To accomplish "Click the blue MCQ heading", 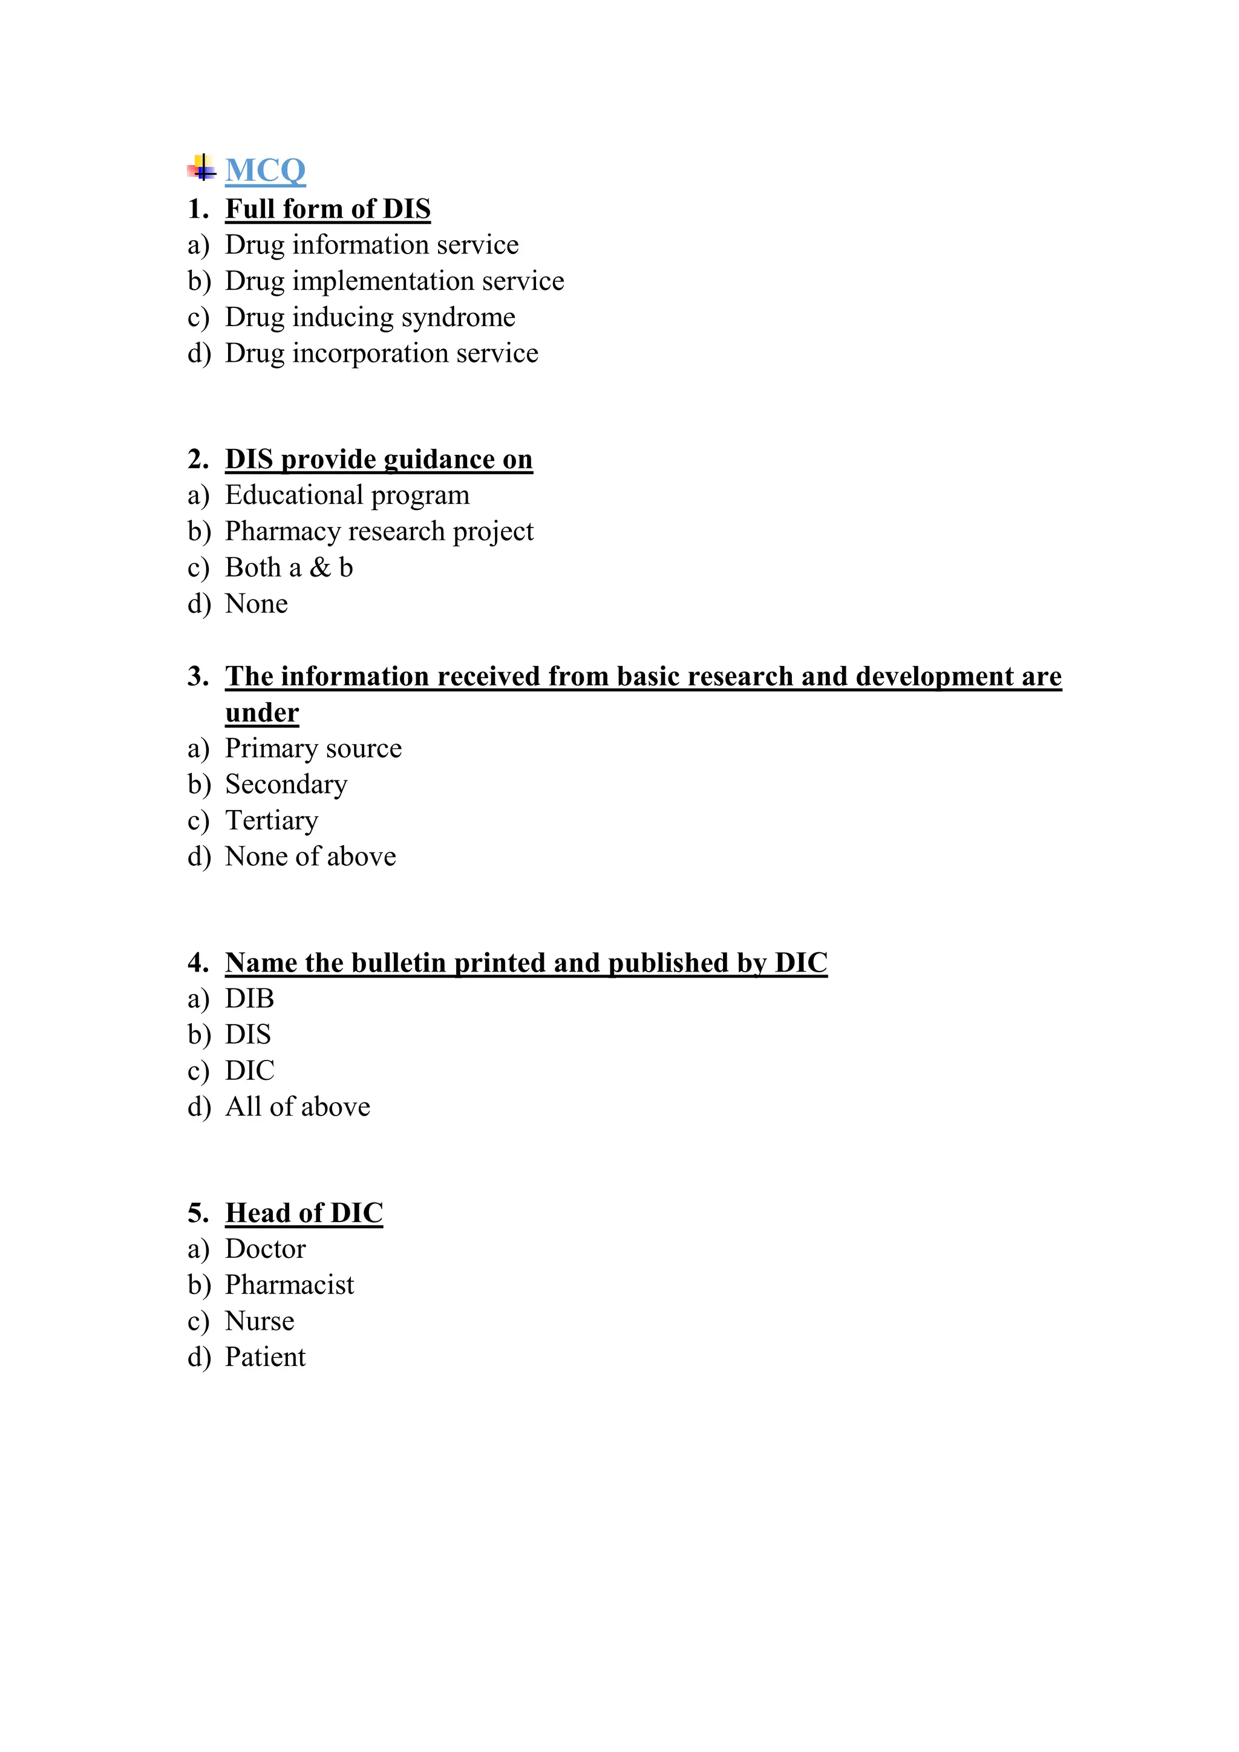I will tap(265, 170).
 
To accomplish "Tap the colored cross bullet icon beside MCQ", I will tap(201, 168).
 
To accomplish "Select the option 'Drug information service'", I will tap(371, 245).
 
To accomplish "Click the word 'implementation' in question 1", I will tap(383, 281).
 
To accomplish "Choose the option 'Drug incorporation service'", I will tap(382, 353).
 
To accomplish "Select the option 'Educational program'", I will tap(347, 495).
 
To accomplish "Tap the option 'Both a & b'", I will tap(289, 567).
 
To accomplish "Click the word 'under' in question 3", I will tap(262, 713).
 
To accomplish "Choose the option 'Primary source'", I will tap(313, 748).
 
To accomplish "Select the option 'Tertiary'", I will tap(272, 820).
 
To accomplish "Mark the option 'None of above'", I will tap(310, 857).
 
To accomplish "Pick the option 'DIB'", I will tap(249, 999).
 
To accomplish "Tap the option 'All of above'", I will tap(298, 1107).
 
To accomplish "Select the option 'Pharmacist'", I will tap(289, 1285).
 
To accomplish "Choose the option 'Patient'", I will tap(265, 1358).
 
